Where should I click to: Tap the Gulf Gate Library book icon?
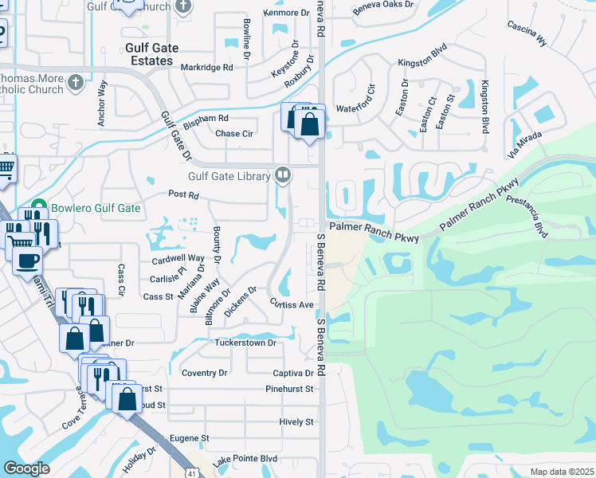pos(282,174)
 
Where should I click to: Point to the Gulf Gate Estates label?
pos(149,54)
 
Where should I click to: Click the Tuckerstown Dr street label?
pos(245,343)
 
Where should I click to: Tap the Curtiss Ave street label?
pos(292,304)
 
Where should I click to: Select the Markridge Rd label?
pos(206,68)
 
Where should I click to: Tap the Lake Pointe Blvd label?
pos(245,459)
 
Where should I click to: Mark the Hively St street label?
pos(296,421)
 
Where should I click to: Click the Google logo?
pos(26,468)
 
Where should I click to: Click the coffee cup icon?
pos(29,260)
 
